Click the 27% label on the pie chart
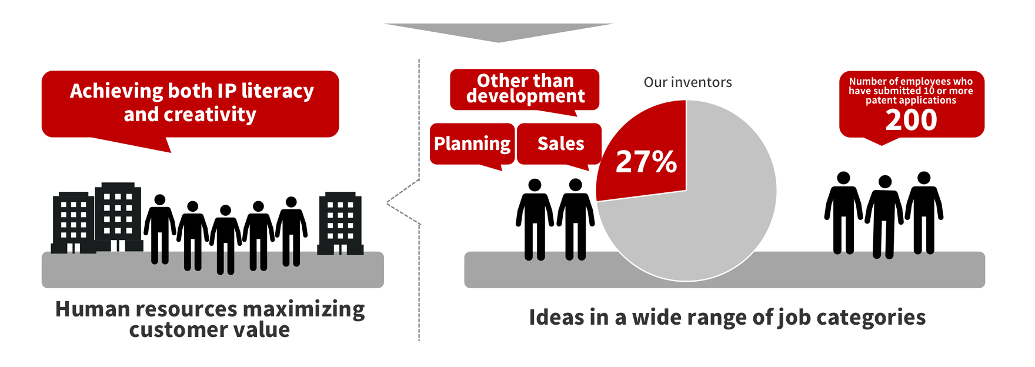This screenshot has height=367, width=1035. coord(646,161)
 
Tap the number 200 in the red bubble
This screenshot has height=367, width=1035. coord(911,120)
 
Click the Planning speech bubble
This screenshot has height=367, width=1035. coord(472,144)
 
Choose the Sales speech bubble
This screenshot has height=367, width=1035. coord(560,144)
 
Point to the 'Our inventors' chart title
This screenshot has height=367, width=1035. coord(687,82)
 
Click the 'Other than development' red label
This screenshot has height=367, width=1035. coord(525,89)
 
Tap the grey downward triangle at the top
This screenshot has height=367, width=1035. coord(498,32)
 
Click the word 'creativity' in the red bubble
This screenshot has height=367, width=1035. coord(210,114)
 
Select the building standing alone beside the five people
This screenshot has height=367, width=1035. coord(340,223)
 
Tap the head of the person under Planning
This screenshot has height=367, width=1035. coord(535,185)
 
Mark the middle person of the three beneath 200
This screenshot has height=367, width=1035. coord(884,216)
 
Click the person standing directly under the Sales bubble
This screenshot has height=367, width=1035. coord(576,219)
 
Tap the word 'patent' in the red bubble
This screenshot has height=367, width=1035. coord(880,101)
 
